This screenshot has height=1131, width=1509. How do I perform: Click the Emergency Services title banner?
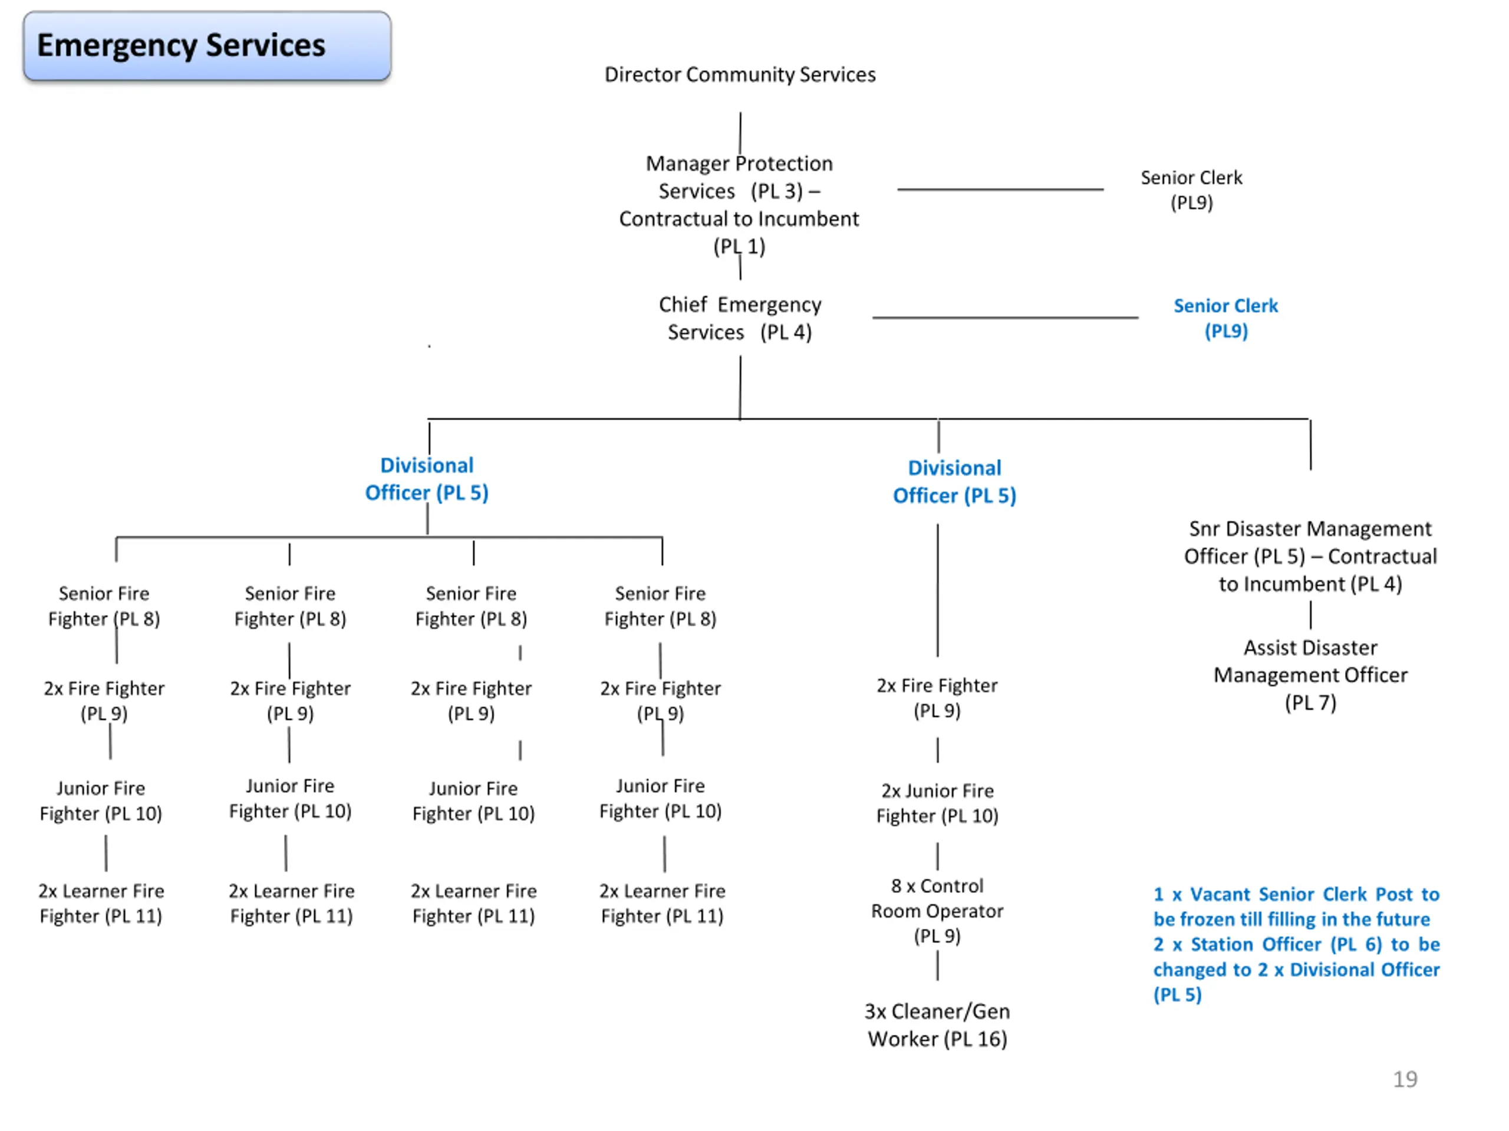click(x=207, y=46)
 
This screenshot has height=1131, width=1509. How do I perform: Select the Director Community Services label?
click(x=740, y=74)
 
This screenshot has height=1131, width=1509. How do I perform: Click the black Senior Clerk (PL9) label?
click(x=1191, y=190)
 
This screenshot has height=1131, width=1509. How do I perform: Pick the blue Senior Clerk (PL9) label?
click(x=1226, y=318)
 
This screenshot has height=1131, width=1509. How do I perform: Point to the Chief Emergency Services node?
click(x=740, y=318)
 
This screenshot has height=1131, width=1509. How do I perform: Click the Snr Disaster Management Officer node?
click(x=1310, y=556)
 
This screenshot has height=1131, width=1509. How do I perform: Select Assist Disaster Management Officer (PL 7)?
click(x=1310, y=675)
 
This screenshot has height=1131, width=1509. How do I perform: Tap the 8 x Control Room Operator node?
click(x=937, y=911)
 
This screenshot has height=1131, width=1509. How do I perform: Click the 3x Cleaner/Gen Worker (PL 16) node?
click(x=937, y=1024)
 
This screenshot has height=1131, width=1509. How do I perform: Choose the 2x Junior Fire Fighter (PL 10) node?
click(x=937, y=803)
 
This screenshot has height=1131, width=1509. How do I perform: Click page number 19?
click(x=1405, y=1079)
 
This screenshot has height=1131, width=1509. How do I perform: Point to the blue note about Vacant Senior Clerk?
click(x=1296, y=944)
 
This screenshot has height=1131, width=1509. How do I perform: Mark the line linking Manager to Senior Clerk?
click(x=1000, y=190)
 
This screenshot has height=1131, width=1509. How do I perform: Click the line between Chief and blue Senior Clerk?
click(x=1005, y=318)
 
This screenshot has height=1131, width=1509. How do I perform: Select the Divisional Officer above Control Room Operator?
click(x=954, y=482)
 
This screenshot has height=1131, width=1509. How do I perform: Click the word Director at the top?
click(x=642, y=74)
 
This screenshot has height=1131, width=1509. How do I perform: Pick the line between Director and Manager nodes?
click(x=740, y=133)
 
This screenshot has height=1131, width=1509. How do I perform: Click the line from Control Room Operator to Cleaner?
click(x=937, y=966)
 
